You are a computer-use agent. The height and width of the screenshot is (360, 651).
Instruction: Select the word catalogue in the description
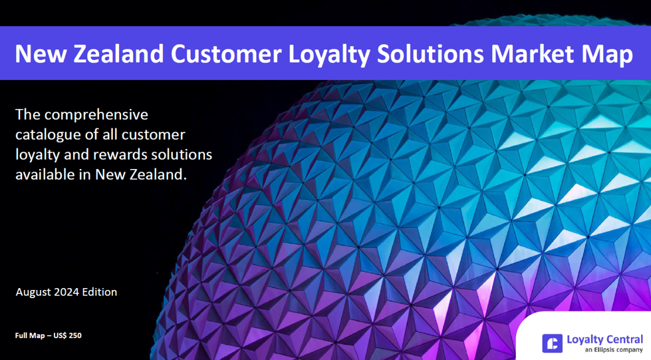[47, 135]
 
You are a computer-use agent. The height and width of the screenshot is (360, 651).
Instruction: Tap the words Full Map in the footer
[31, 335]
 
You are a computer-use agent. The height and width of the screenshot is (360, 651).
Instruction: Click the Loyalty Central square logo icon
[552, 343]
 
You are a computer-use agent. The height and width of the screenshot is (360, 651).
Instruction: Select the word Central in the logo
[623, 339]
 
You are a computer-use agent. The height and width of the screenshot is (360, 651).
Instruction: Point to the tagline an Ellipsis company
[613, 350]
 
